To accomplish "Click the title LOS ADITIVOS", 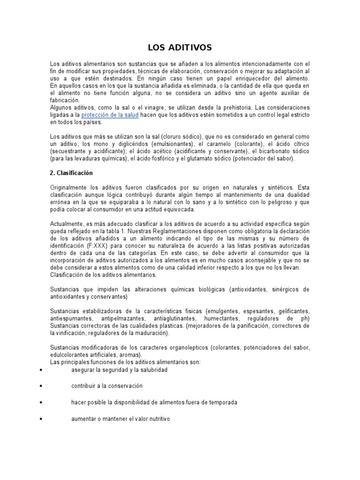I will click(x=180, y=47).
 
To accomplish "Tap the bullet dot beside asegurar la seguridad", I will click(x=42, y=370).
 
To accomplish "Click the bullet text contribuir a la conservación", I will click(x=106, y=386).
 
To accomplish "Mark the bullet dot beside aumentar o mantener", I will click(x=42, y=419).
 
